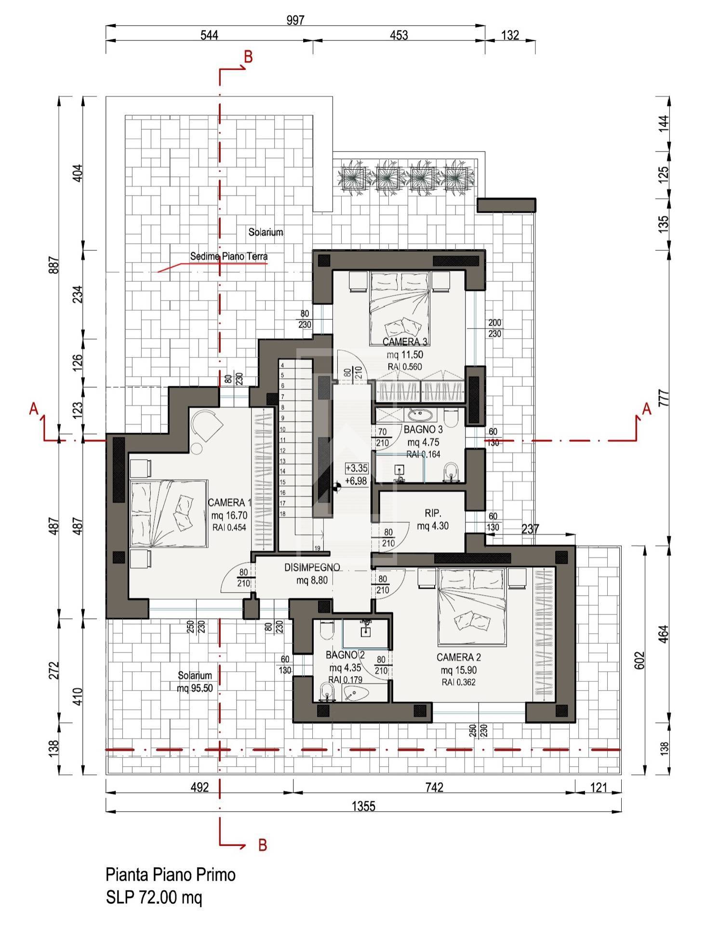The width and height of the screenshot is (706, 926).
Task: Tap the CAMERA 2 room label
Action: (459, 657)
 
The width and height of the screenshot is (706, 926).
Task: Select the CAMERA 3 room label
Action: (405, 342)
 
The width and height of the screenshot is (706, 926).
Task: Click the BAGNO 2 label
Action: (345, 655)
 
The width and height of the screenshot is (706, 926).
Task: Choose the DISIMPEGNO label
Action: (312, 568)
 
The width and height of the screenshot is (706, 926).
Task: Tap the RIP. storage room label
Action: (433, 513)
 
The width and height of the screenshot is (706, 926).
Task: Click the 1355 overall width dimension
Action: (363, 806)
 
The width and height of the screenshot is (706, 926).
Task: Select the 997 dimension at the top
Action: (295, 20)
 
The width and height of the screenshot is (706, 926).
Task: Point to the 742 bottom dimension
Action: (434, 787)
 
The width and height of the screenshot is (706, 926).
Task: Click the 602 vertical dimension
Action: (639, 660)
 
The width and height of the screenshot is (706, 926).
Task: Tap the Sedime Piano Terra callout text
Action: (229, 257)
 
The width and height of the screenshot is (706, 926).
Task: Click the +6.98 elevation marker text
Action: (356, 481)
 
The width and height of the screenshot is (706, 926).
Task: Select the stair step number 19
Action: (317, 548)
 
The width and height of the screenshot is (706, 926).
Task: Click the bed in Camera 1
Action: (169, 514)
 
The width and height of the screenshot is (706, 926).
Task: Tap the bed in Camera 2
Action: (472, 607)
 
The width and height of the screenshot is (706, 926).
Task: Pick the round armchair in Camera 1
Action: (206, 424)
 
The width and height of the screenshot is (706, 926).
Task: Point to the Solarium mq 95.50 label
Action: (195, 682)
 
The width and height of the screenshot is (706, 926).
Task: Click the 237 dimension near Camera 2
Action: (530, 529)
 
